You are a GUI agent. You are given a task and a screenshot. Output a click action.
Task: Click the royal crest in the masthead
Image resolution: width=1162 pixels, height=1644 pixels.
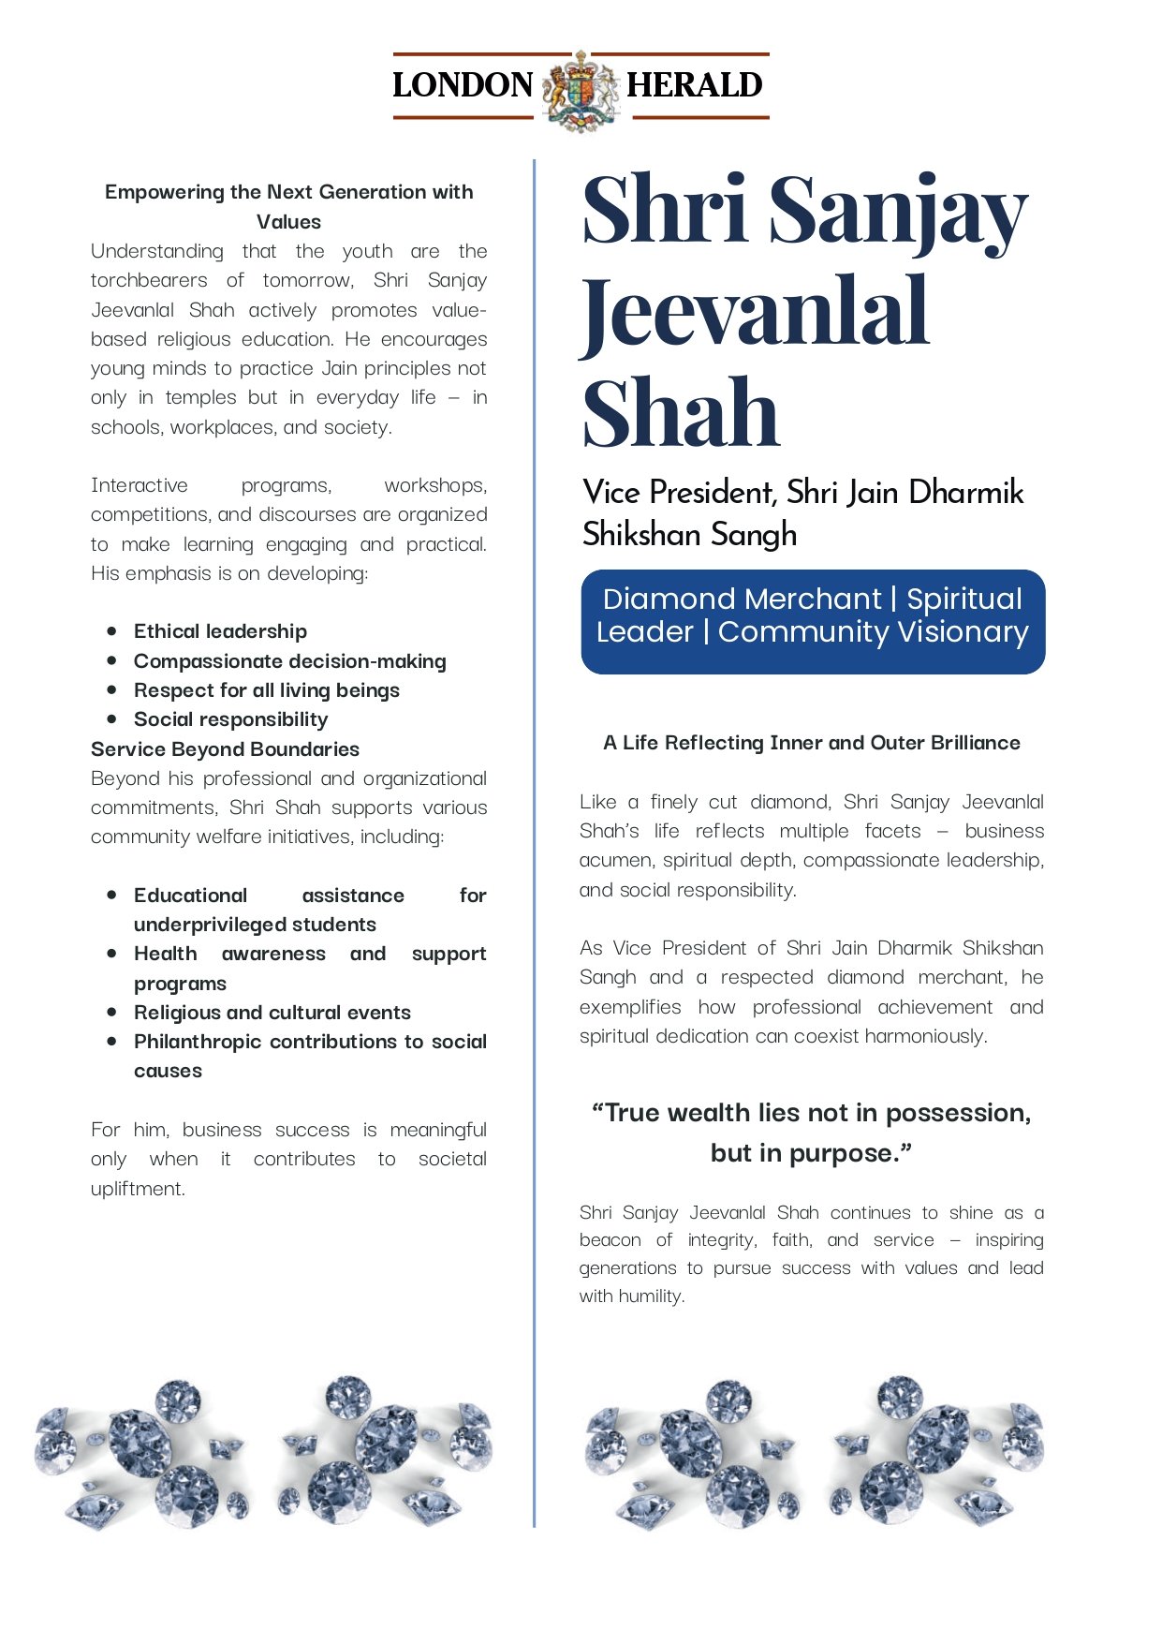coord(581,89)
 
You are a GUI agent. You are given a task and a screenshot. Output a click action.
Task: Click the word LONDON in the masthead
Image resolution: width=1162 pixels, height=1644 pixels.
coord(463,85)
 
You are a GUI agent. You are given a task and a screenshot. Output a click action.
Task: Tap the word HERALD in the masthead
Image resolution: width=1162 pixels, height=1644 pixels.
coord(694,85)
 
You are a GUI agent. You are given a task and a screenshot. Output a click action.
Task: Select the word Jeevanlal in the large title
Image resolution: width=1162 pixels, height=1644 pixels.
coord(755,312)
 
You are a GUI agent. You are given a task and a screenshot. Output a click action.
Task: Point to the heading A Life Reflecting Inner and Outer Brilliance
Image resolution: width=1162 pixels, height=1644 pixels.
coord(812,743)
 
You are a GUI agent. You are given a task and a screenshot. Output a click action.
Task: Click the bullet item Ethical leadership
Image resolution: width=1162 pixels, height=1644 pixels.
coord(220,631)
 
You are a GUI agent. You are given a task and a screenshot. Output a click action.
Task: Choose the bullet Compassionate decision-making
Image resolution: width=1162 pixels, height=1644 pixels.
coord(289,661)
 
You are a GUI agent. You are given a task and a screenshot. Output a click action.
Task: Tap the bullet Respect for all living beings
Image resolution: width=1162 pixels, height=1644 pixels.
coord(266,690)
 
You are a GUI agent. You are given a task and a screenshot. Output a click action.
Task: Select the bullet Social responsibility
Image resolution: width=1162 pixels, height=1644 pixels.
coord(230,719)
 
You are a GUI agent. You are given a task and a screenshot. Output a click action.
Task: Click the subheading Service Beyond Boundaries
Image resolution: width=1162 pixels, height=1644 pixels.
coord(225,749)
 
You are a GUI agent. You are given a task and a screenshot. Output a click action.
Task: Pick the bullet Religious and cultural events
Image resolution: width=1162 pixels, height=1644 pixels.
coord(272,1013)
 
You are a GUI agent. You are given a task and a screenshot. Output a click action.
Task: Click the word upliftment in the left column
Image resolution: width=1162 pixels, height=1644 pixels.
coord(138,1189)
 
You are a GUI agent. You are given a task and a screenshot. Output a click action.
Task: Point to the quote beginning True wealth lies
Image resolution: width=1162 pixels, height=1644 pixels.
coord(812,1133)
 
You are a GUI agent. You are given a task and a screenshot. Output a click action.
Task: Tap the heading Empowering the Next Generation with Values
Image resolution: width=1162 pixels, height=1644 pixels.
coord(288,206)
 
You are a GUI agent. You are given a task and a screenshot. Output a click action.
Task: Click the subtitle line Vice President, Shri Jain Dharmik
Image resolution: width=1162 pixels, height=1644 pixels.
coord(803,493)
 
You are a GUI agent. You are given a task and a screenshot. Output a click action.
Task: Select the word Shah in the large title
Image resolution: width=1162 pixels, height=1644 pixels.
coord(682,413)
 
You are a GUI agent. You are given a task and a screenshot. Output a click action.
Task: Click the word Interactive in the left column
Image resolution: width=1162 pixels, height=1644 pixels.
coord(140,485)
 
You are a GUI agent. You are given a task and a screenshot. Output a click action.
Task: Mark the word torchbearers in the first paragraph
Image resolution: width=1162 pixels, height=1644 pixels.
coord(149,280)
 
